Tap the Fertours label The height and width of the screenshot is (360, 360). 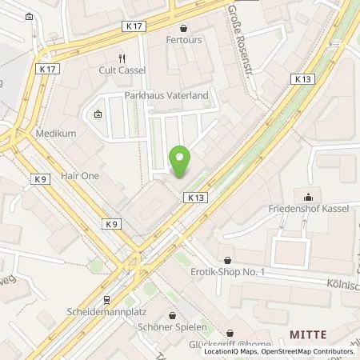(x=183, y=38)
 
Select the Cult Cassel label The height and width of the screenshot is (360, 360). (x=122, y=70)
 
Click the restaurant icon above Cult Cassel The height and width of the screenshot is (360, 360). (x=122, y=58)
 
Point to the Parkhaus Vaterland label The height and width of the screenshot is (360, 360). (x=166, y=95)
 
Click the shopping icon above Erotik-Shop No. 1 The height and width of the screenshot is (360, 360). (x=229, y=260)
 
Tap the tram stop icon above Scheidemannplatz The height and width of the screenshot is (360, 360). (x=106, y=300)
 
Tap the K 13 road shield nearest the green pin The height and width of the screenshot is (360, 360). (x=198, y=196)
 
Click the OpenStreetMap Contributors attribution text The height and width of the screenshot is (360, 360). (x=306, y=351)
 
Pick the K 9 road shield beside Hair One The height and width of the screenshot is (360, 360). (x=40, y=179)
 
